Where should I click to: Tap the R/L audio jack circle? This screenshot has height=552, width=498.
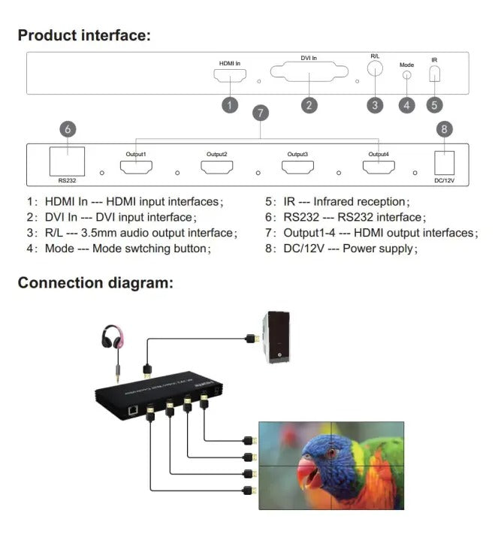click(x=375, y=68)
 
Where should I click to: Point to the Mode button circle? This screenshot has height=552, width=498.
click(x=407, y=75)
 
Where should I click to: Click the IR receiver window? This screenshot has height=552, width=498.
click(x=434, y=74)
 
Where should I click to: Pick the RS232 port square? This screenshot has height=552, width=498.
click(x=67, y=161)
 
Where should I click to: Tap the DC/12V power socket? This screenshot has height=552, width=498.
click(x=445, y=163)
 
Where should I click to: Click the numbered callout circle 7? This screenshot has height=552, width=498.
click(x=261, y=113)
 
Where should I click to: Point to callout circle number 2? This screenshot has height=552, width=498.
click(x=309, y=105)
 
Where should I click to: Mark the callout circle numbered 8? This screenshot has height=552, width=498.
click(x=445, y=129)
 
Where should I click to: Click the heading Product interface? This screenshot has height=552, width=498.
click(x=84, y=35)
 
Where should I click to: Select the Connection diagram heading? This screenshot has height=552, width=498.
click(x=95, y=283)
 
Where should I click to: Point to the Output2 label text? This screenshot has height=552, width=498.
click(x=217, y=154)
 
